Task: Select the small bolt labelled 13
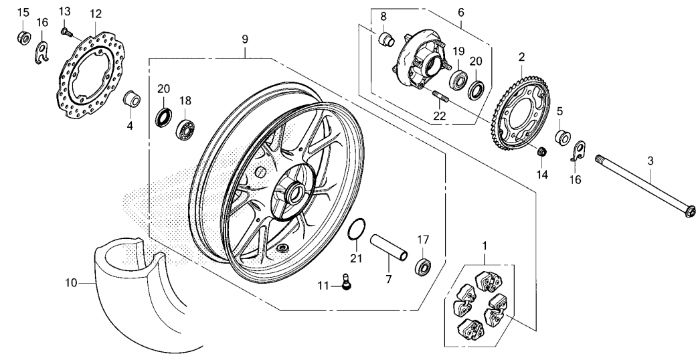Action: pos(66,31)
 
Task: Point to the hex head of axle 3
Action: pos(689,211)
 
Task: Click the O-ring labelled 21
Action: pos(357,229)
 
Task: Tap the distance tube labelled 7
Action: pos(389,248)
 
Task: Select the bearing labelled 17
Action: pos(423,266)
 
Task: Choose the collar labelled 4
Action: pos(132,99)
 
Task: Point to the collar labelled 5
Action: pos(563,137)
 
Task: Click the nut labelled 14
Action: pos(542,152)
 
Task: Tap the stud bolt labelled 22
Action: pos(440,96)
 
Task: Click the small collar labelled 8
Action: pos(386,39)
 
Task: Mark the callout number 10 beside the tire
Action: pos(71,282)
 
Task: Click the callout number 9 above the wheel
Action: pos(245,39)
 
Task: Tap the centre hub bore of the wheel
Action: pos(293,193)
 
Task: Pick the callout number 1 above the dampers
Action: pos(485,245)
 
